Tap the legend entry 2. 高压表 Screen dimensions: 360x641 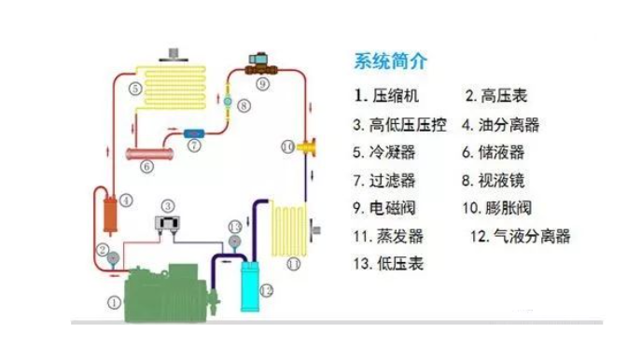(497, 94)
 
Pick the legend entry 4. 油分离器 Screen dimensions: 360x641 (500, 123)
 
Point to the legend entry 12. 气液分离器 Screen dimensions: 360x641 (521, 235)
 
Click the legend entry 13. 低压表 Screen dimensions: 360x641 (389, 263)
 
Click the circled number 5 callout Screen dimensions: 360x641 (135, 89)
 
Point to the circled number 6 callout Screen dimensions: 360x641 (146, 167)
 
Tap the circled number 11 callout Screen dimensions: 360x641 (293, 264)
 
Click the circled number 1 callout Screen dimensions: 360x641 (114, 302)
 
